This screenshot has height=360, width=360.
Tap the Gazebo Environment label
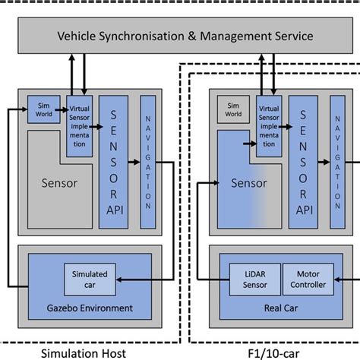(90, 308)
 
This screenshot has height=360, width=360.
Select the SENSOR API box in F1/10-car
(304, 161)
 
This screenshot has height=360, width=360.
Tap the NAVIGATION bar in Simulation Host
(147, 161)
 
